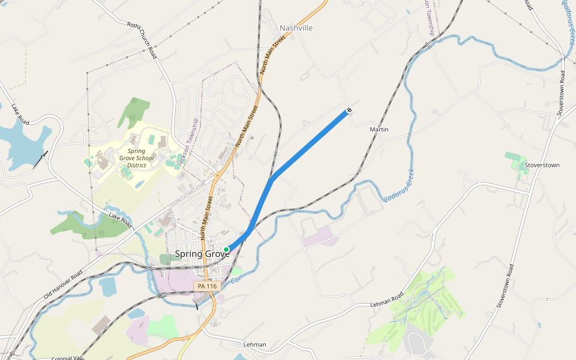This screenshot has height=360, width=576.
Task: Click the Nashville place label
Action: [x=296, y=28]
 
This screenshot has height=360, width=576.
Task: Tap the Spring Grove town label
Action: [x=202, y=254]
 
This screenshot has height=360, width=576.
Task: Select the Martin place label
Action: [x=379, y=130]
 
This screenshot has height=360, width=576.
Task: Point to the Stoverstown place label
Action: [x=542, y=165]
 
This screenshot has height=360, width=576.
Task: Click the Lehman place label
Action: [x=255, y=345]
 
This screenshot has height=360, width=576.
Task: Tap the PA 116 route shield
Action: [x=208, y=287]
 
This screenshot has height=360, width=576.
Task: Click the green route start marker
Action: [x=226, y=250]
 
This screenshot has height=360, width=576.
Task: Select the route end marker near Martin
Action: [x=349, y=110]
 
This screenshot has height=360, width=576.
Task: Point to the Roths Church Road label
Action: [x=142, y=40]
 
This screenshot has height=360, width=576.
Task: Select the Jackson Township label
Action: [x=191, y=142]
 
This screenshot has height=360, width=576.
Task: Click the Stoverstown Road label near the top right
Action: [x=561, y=93]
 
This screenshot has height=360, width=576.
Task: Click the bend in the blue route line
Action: [x=272, y=179]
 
